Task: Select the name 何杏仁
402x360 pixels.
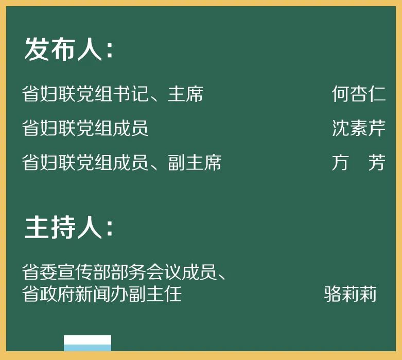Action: click(358, 94)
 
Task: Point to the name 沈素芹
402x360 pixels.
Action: click(358, 128)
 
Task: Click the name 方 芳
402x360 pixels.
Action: click(358, 163)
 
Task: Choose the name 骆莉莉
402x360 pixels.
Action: click(350, 294)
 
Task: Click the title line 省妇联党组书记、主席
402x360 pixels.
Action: click(113, 94)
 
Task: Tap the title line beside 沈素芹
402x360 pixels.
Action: click(85, 128)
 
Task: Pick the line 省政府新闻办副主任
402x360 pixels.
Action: click(102, 294)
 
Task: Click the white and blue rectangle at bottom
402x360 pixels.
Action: click(88, 343)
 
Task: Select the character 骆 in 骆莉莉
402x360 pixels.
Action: click(332, 294)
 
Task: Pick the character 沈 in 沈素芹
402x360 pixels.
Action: click(340, 128)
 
